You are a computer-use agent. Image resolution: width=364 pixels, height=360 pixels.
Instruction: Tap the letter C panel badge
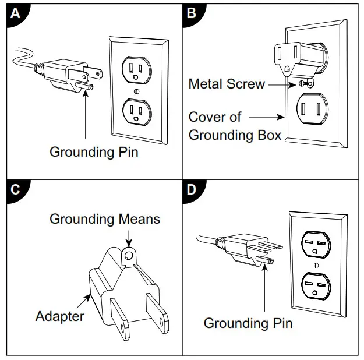click(16, 189)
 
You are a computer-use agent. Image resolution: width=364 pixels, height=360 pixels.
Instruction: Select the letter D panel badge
click(190, 189)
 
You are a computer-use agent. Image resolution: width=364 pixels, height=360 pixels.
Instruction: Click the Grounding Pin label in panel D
click(248, 323)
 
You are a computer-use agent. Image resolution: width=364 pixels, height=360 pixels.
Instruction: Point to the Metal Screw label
click(227, 83)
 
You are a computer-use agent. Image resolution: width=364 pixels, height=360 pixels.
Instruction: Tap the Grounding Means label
click(105, 219)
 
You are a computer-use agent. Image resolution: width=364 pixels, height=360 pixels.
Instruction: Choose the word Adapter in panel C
click(59, 316)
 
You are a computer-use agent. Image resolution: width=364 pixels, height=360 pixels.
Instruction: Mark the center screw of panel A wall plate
click(136, 91)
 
